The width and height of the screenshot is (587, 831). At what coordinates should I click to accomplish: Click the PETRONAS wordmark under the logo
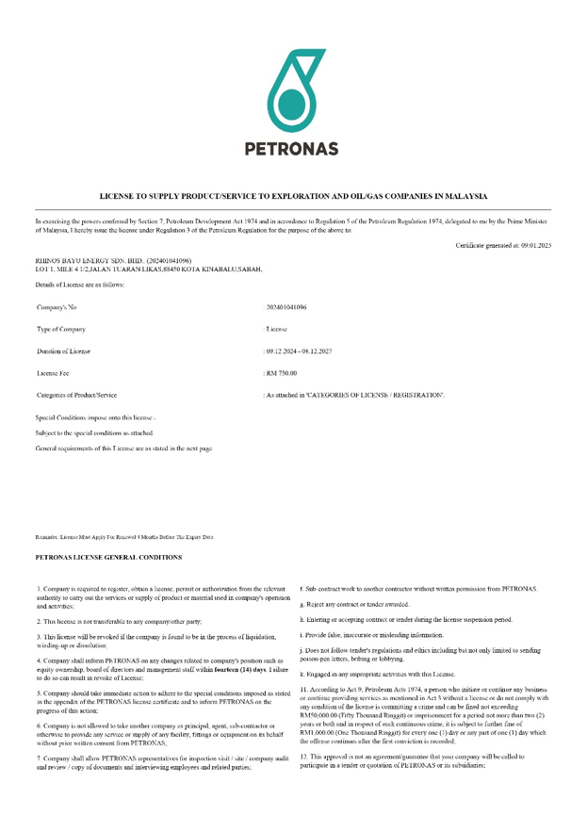(292, 148)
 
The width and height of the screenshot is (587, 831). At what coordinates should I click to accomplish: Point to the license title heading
(293, 196)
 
